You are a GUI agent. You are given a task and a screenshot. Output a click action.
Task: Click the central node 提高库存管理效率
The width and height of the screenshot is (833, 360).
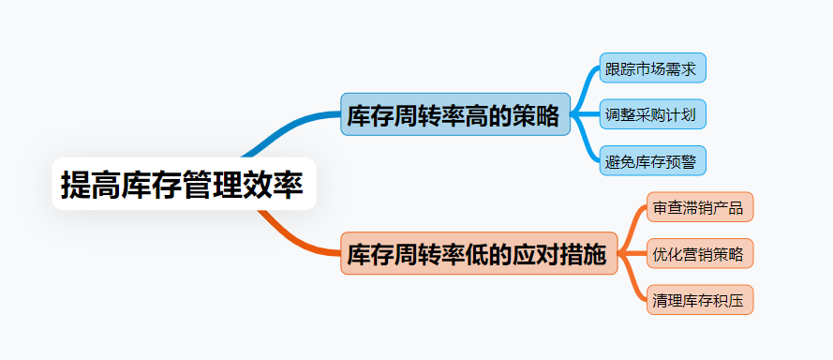coord(184,184)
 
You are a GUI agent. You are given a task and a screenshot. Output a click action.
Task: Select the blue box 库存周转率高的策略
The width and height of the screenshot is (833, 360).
coord(455,114)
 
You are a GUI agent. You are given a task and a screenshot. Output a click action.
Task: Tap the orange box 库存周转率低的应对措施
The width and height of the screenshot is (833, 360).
coord(479,253)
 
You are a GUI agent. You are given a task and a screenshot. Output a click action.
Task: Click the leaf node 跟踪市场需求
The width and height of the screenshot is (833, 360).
coord(653,67)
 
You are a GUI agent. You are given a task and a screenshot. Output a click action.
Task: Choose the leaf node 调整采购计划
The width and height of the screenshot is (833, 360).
coord(653,113)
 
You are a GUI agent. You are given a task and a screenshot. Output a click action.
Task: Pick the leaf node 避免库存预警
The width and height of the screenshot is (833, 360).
coord(653,160)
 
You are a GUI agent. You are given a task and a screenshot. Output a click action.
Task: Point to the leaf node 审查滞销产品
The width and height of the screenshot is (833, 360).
coord(700,207)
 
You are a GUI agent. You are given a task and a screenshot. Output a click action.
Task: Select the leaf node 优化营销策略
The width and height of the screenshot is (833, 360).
coord(700,253)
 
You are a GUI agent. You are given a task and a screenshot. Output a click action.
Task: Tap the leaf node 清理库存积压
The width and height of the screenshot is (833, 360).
coord(700,300)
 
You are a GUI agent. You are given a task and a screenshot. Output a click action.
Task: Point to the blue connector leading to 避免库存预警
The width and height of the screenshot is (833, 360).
coord(586,141)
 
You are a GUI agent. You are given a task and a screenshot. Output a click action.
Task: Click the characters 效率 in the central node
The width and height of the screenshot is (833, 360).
coord(273,185)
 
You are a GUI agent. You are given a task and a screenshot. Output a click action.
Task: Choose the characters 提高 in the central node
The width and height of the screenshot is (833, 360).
coord(90,185)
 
